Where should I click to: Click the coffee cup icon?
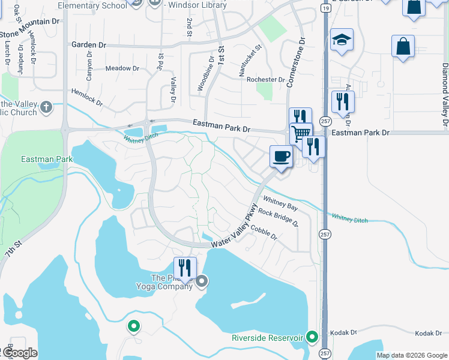(281, 157)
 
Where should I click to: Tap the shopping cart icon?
(301, 133)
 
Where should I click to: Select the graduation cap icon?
(342, 40)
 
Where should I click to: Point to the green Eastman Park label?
(46, 160)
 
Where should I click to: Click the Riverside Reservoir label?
(267, 338)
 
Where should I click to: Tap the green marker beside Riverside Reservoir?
(312, 337)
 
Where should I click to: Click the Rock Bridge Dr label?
(279, 218)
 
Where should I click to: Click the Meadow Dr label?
(122, 68)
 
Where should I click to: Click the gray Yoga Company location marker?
(202, 280)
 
